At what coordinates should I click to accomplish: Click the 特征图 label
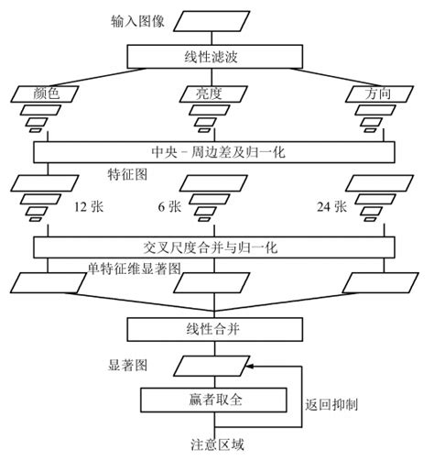pos(126,172)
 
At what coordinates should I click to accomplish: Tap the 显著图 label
pos(128,365)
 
